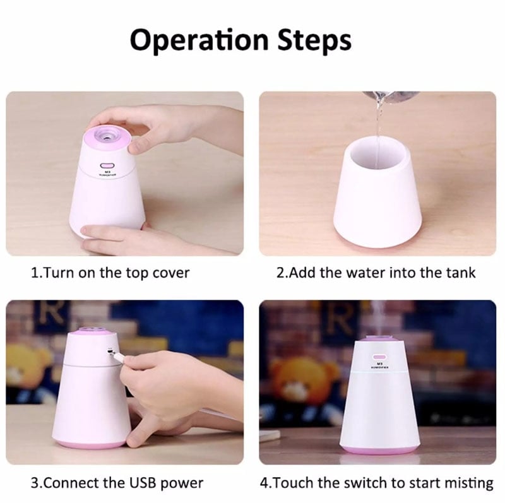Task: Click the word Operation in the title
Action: (x=199, y=41)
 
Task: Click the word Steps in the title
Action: (x=314, y=41)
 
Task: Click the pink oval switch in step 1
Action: (x=105, y=166)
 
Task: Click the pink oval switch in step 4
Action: (x=380, y=357)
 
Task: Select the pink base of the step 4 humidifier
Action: (x=379, y=449)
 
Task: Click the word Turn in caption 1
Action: (x=58, y=273)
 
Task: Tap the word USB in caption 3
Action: (x=143, y=483)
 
